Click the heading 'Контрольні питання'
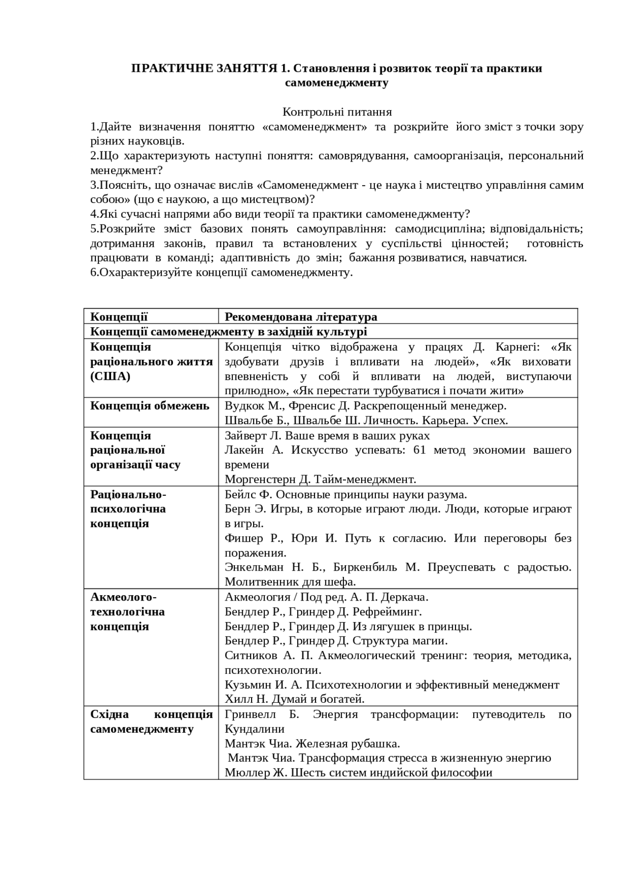pyautogui.click(x=337, y=112)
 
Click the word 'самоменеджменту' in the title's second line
pyautogui.click(x=337, y=83)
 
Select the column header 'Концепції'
pyautogui.click(x=119, y=317)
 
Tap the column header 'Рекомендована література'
pyautogui.click(x=301, y=317)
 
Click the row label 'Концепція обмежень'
pyautogui.click(x=150, y=406)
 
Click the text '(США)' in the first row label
pyautogui.click(x=110, y=376)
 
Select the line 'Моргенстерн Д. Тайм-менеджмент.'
pyautogui.click(x=320, y=479)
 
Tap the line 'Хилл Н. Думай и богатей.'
pyautogui.click(x=294, y=699)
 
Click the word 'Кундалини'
pyautogui.click(x=255, y=729)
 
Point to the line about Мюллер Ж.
pyautogui.click(x=358, y=773)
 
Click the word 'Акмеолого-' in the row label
pyautogui.click(x=123, y=597)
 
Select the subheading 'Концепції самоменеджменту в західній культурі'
pyautogui.click(x=229, y=332)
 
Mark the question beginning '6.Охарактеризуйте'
pyautogui.click(x=222, y=273)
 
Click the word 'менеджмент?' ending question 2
pyautogui.click(x=126, y=171)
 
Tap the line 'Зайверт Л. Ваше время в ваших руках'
pyautogui.click(x=327, y=436)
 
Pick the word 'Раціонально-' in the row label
pyautogui.click(x=128, y=494)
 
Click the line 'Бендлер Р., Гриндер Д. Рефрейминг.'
pyautogui.click(x=323, y=612)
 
